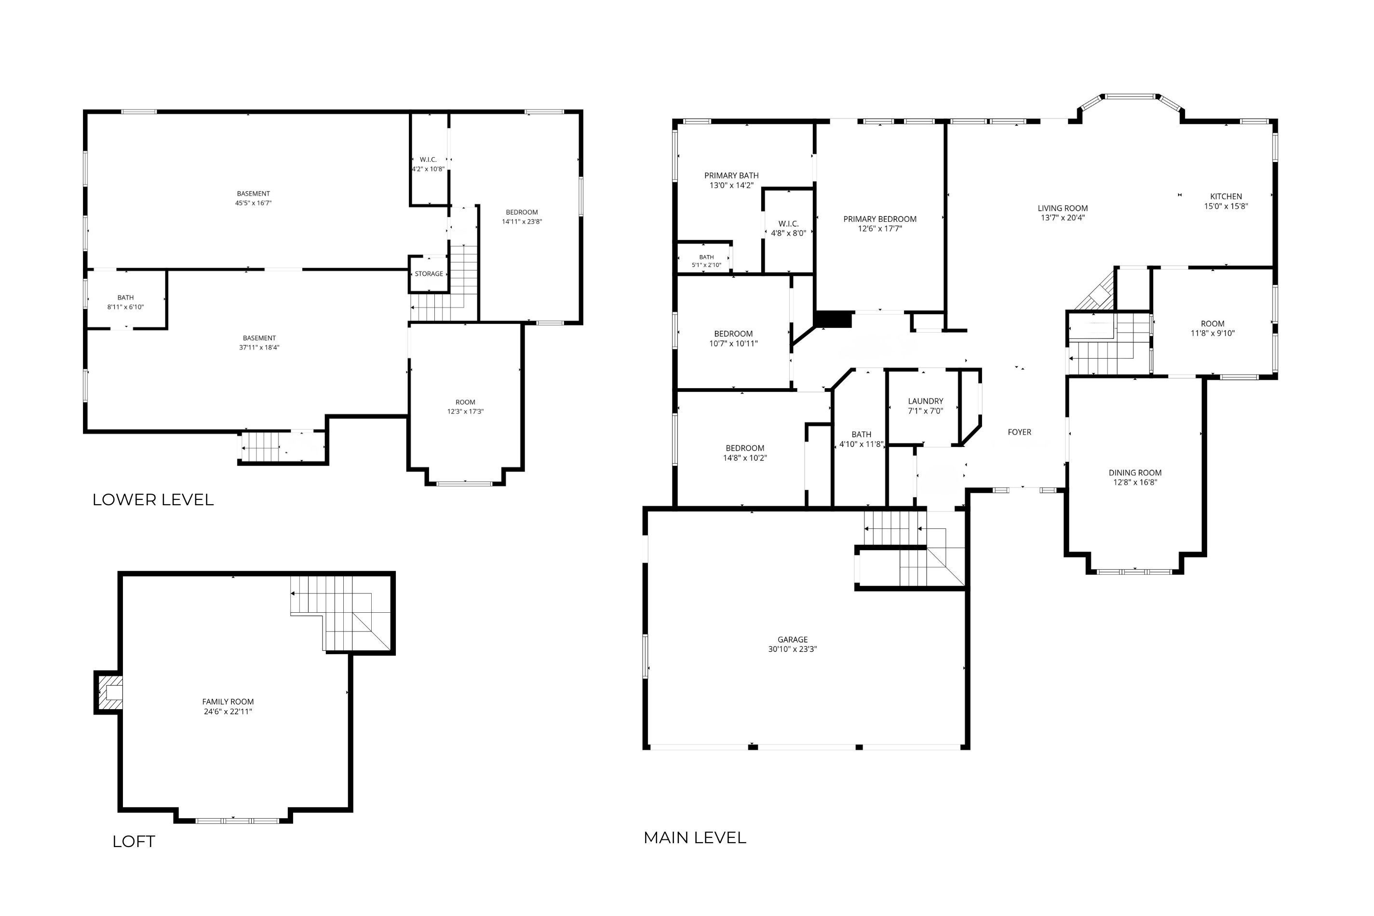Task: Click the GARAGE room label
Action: pos(792,639)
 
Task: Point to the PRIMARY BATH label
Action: pos(731,175)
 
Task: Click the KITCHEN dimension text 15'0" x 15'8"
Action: pos(1226,206)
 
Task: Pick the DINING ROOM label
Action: pos(1135,472)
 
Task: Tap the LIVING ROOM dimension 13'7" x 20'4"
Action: pos(1063,218)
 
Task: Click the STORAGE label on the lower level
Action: pos(429,274)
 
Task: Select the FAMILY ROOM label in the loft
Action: pos(228,701)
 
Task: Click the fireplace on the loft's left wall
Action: pos(108,692)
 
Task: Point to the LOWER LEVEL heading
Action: pos(153,499)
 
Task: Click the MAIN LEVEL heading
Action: pos(695,838)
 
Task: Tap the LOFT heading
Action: pos(134,841)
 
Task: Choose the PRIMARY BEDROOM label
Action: pos(880,219)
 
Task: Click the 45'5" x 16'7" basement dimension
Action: pos(254,203)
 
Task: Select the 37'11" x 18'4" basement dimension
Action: pos(259,348)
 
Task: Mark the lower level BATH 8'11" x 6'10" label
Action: pos(126,302)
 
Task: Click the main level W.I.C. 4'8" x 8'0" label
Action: pos(789,228)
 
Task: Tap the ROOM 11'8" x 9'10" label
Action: pos(1213,328)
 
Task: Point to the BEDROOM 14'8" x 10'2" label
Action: pos(745,453)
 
